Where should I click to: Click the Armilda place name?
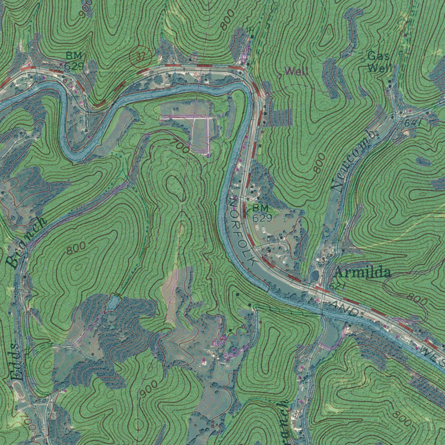tap(362, 273)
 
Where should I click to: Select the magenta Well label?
tap(296, 71)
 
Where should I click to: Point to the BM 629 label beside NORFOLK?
tap(262, 213)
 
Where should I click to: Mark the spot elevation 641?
tap(413, 123)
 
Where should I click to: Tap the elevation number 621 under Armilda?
tap(337, 286)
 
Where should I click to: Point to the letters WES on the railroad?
tap(432, 354)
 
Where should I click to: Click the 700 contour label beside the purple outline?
tap(180, 146)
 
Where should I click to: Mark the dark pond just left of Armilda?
tap(314, 276)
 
